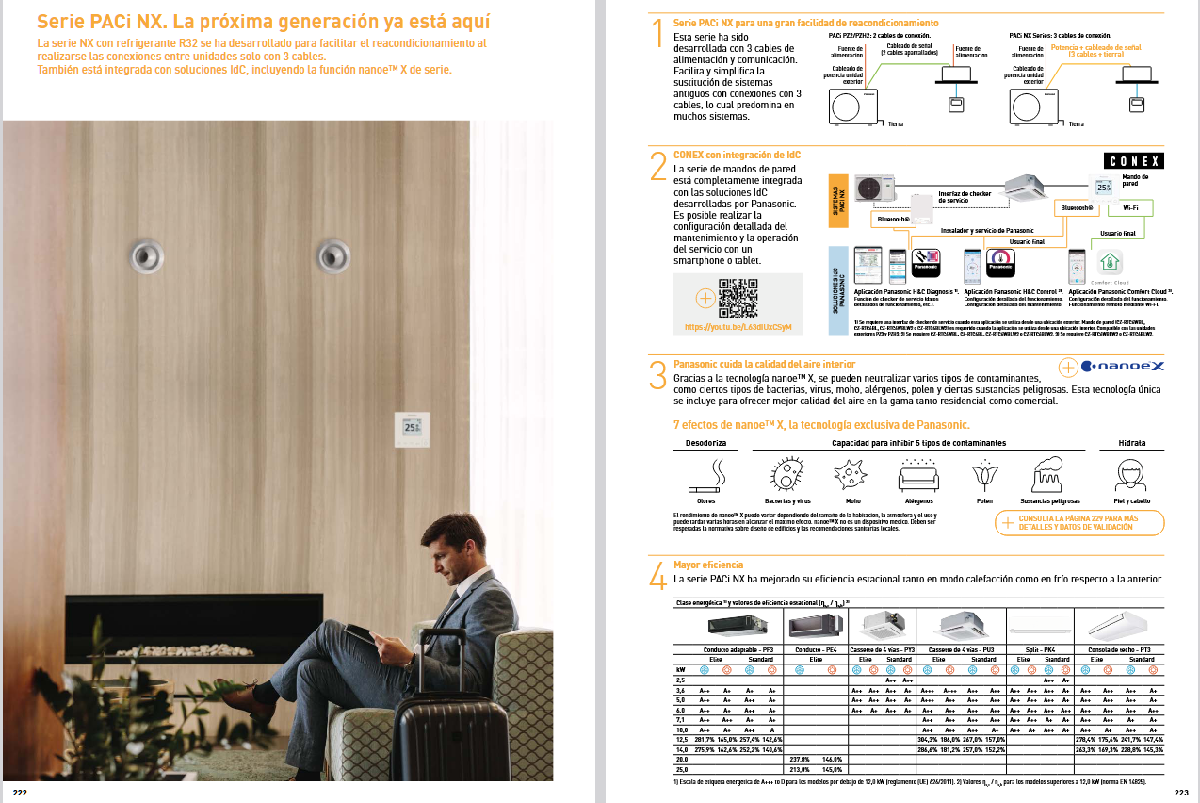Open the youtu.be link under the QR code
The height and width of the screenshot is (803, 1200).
(x=738, y=327)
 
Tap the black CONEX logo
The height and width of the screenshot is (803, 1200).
(x=1133, y=161)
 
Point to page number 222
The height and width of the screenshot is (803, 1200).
(x=20, y=793)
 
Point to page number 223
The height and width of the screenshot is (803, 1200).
(x=1181, y=793)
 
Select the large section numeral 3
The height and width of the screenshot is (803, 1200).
(x=658, y=374)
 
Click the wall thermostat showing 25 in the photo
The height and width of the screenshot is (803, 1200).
(x=412, y=429)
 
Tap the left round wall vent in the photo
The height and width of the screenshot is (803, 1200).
(x=147, y=254)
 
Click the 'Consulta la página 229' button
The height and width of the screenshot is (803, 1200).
(x=1078, y=522)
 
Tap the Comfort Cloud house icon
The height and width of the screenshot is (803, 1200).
(x=1110, y=261)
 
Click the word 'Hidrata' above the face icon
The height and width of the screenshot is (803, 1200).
(x=1131, y=442)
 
